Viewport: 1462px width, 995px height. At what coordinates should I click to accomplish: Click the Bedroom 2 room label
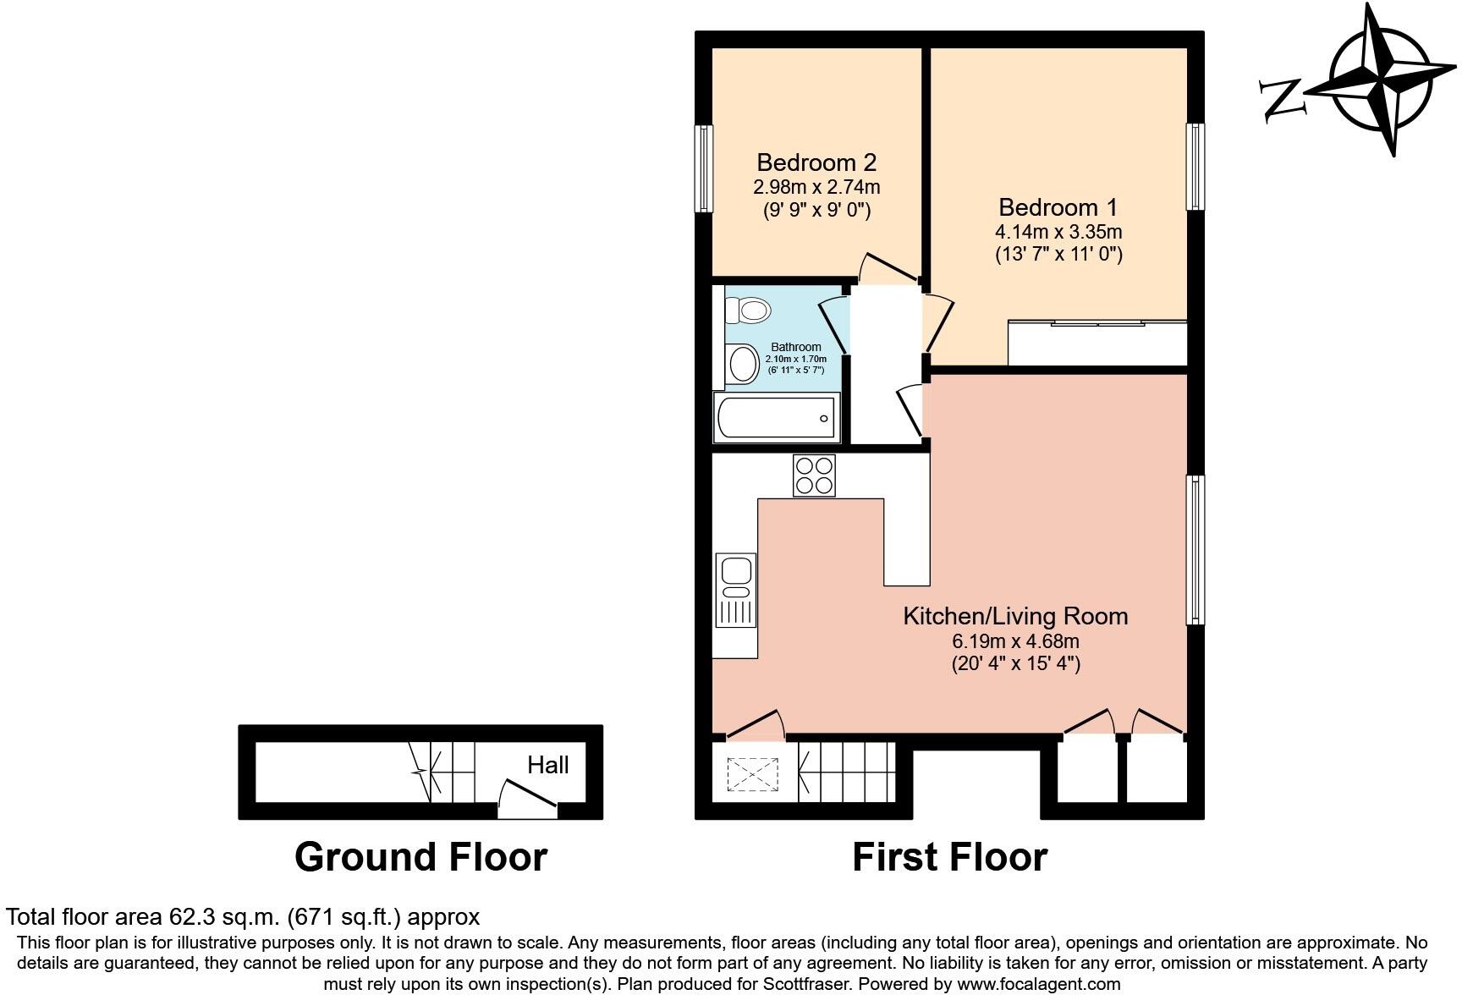pos(816,162)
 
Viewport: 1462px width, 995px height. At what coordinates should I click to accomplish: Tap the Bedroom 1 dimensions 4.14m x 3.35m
pos(1058,231)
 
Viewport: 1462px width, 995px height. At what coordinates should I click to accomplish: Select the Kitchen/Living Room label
pos(1015,616)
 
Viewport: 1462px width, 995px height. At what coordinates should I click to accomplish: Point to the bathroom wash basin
pos(743,365)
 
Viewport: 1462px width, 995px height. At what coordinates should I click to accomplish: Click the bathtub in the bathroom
pos(776,416)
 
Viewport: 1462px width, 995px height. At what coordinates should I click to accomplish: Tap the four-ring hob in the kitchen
pos(814,476)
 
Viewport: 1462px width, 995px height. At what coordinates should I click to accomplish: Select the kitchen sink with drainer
pos(735,590)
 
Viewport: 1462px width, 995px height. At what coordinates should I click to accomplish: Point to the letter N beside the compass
pos(1282,98)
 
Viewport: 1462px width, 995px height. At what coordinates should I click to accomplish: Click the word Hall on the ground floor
pos(547,765)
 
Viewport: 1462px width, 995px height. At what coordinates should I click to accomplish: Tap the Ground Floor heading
pos(420,857)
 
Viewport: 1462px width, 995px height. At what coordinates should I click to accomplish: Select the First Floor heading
pos(949,857)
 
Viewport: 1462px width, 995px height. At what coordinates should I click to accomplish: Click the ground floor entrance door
pos(527,799)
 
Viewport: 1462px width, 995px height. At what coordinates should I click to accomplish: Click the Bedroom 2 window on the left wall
pos(703,168)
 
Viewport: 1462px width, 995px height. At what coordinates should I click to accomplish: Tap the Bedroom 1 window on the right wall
pos(1195,166)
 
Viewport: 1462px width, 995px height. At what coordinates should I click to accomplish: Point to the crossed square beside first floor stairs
pos(752,773)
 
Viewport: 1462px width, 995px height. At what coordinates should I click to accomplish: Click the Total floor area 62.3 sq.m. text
pos(243,916)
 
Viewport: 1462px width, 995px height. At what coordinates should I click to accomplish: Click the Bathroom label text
pos(795,347)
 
